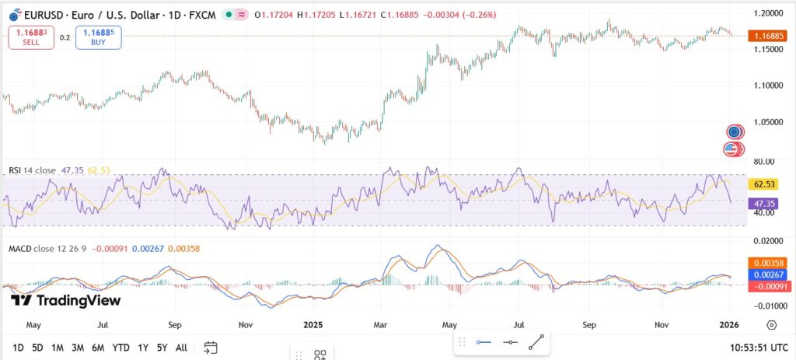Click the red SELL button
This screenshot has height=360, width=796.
pos(30,37)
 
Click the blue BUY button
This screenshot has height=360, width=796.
pos(99,37)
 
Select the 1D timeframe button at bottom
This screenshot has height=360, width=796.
pos(17,348)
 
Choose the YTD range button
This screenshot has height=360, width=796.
pos(120,348)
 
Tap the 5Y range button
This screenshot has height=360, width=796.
pos(162,348)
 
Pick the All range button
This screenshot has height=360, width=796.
pos(181,348)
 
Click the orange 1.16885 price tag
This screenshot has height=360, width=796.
pos(766,36)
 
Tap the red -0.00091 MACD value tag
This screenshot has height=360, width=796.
pos(766,286)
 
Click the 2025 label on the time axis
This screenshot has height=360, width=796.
pos(313,324)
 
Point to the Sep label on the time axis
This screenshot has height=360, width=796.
pos(589,324)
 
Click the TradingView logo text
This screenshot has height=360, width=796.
pos(67,300)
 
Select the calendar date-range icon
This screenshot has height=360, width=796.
pos(211,348)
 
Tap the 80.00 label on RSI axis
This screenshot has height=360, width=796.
pos(765,161)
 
